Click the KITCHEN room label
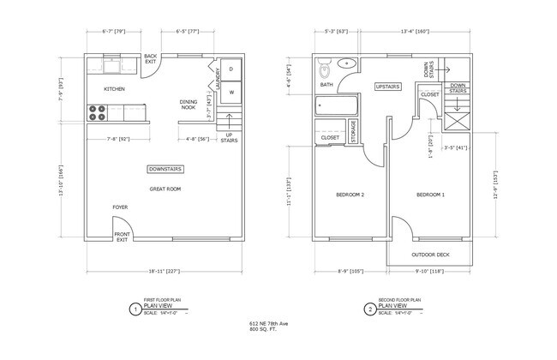(115, 88)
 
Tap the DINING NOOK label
(189, 104)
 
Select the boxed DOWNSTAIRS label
(165, 169)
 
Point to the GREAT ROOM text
(165, 189)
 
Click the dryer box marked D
(231, 68)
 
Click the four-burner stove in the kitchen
(97, 110)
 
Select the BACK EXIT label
(151, 58)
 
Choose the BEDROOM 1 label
(430, 195)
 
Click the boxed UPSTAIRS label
(388, 87)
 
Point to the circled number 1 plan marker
(133, 309)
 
